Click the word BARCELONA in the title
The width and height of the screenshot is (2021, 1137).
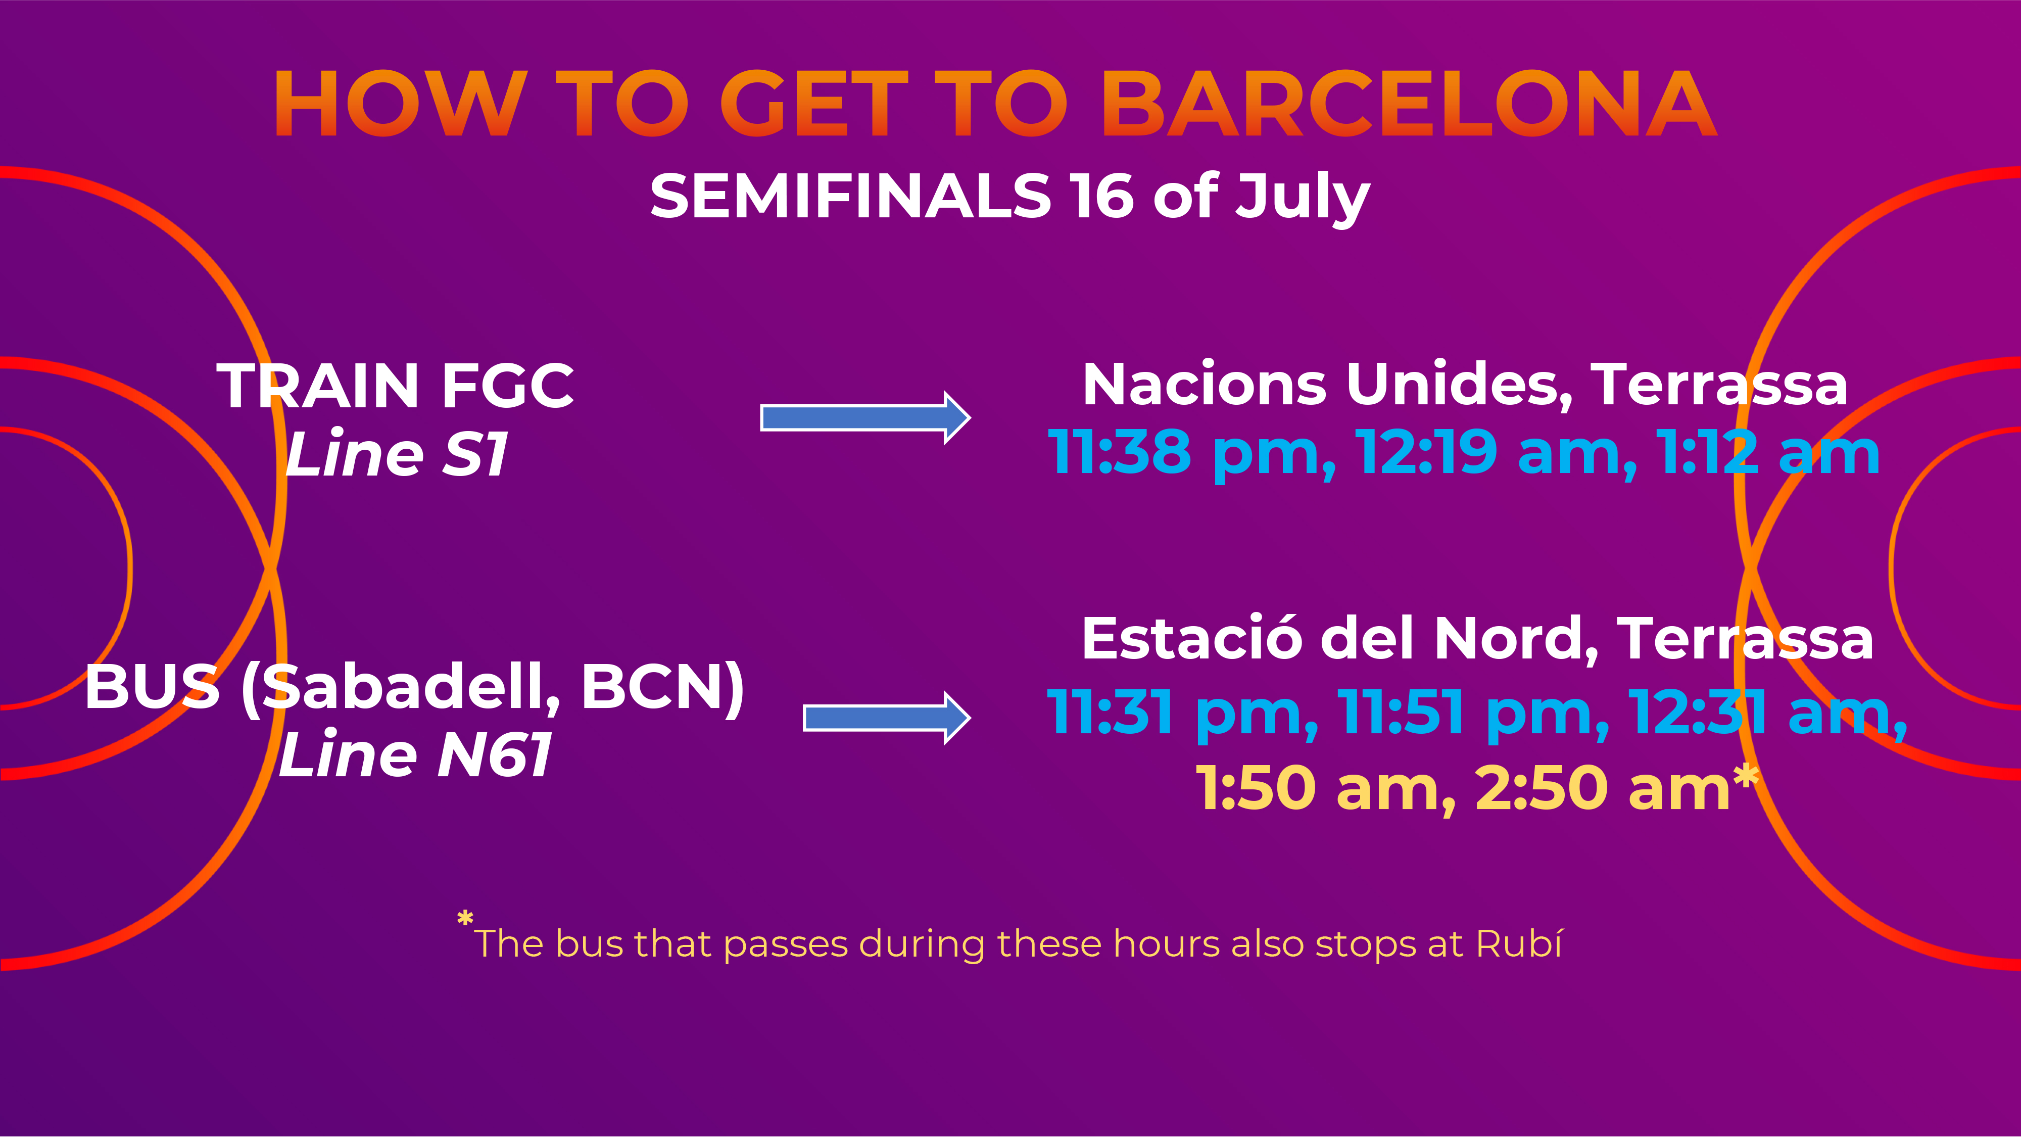click(1410, 104)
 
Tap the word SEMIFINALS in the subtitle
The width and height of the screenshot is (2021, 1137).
click(850, 196)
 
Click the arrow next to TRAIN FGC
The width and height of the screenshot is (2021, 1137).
click(865, 417)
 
